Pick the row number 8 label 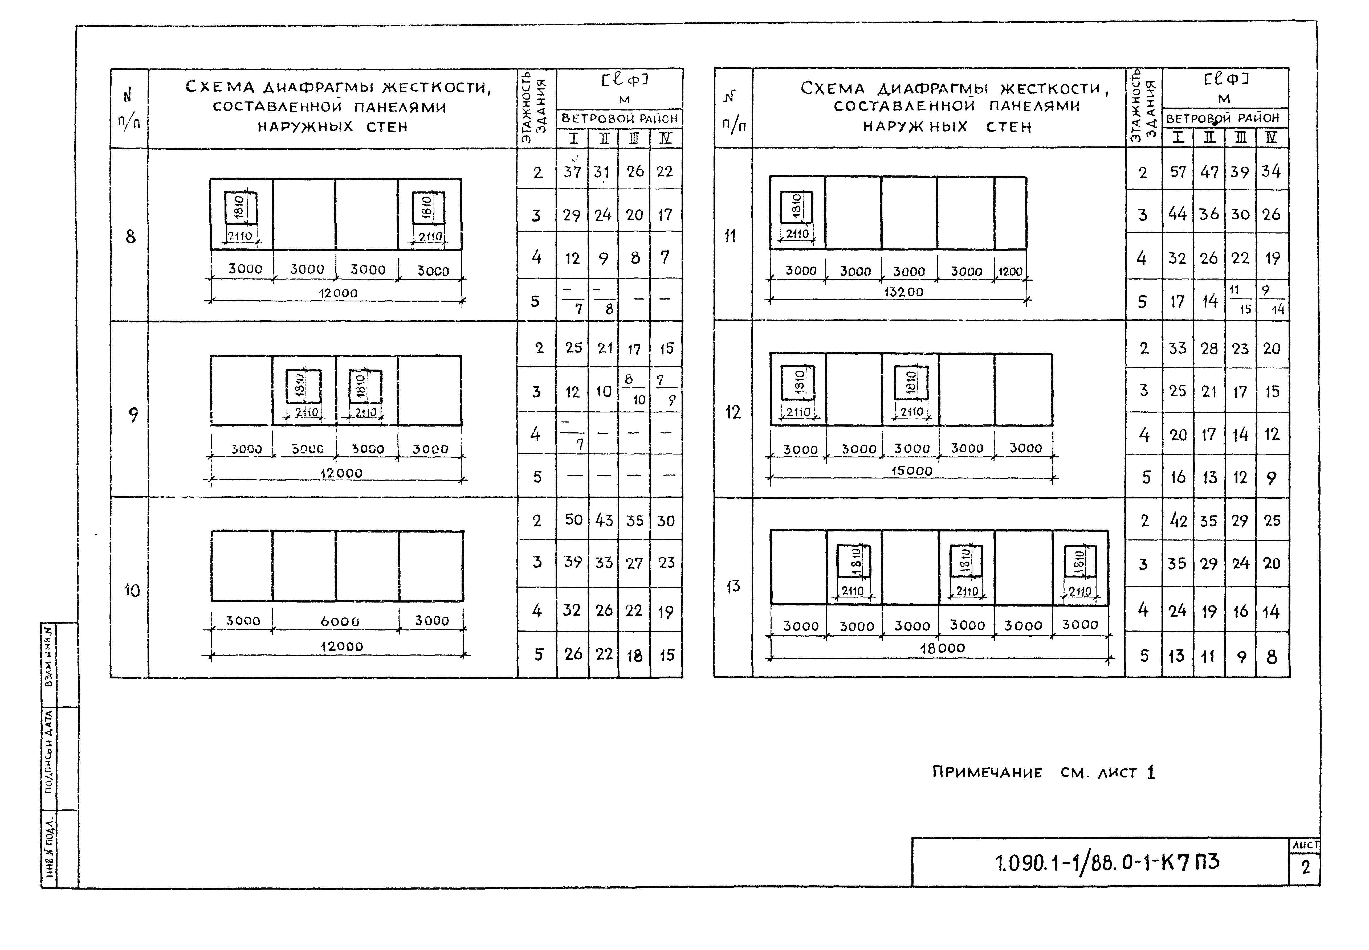pyautogui.click(x=131, y=237)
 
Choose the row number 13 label pyautogui.click(x=733, y=586)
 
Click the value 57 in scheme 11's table pyautogui.click(x=1178, y=172)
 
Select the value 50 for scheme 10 pyautogui.click(x=573, y=520)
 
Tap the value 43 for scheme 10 pyautogui.click(x=604, y=520)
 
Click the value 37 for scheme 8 pyautogui.click(x=572, y=172)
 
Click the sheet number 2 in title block pyautogui.click(x=1306, y=868)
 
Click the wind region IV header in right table pyautogui.click(x=1271, y=137)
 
